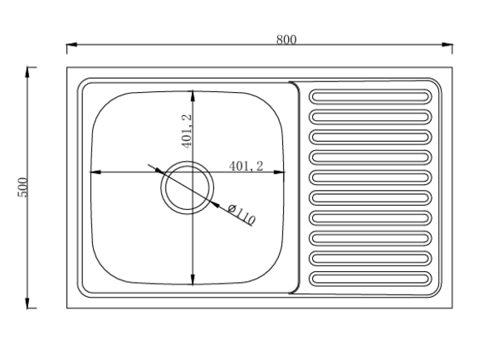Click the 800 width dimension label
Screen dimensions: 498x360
286,39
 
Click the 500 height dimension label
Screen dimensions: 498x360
23,187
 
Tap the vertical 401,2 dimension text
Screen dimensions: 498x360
187,131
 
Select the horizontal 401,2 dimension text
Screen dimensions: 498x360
247,166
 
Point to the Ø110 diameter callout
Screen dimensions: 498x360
242,215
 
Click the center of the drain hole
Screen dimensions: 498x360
187,187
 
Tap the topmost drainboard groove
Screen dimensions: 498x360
370,96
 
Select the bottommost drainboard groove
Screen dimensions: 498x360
370,279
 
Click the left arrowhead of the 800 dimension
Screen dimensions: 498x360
71,45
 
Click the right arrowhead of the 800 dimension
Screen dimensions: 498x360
447,45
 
